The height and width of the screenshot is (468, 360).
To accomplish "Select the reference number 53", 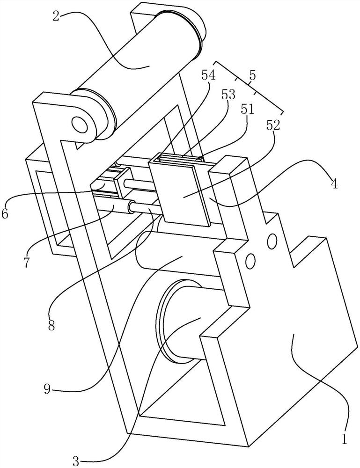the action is (228, 95).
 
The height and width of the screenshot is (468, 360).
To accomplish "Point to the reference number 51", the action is (248, 110).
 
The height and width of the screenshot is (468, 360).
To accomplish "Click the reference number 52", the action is (273, 125).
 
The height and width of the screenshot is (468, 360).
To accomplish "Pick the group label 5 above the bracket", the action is (252, 75).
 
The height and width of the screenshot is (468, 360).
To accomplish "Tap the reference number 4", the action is (334, 183).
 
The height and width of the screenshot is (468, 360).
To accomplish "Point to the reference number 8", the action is (51, 326).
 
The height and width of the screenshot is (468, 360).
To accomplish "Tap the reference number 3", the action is (76, 462).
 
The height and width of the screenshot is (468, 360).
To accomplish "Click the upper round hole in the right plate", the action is (272, 241).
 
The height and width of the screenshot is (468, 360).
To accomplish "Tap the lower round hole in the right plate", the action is (250, 261).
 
